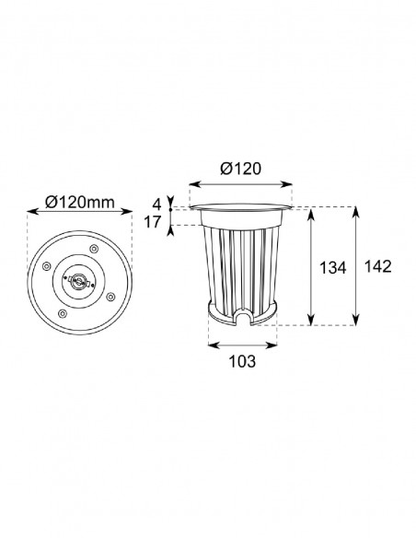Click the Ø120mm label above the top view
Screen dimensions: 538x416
pyautogui.click(x=78, y=201)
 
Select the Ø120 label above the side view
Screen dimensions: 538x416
pyautogui.click(x=241, y=168)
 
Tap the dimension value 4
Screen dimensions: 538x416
pyautogui.click(x=157, y=203)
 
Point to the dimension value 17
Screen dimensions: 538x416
pyautogui.click(x=154, y=221)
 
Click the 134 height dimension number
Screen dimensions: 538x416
pyautogui.click(x=331, y=268)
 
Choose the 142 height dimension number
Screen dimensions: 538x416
pyautogui.click(x=377, y=268)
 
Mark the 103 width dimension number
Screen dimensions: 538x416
pyautogui.click(x=240, y=362)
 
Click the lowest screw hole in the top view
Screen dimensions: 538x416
pyautogui.click(x=62, y=313)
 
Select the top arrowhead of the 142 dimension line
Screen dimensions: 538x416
pyautogui.click(x=356, y=208)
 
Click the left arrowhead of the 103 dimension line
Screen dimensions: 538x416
pyautogui.click(x=211, y=345)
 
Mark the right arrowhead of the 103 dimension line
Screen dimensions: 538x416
pyautogui.click(x=276, y=345)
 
